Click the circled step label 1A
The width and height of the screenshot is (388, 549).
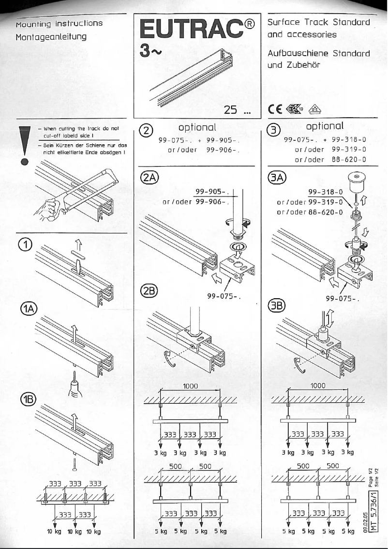click(27, 309)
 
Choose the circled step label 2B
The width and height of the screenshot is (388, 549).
click(147, 290)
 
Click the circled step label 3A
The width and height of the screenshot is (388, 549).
click(275, 178)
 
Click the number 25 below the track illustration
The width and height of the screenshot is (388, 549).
click(231, 110)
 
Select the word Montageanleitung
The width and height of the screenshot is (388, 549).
click(51, 36)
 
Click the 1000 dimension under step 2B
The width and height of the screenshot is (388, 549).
click(191, 386)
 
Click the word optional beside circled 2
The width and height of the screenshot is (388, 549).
click(197, 128)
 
